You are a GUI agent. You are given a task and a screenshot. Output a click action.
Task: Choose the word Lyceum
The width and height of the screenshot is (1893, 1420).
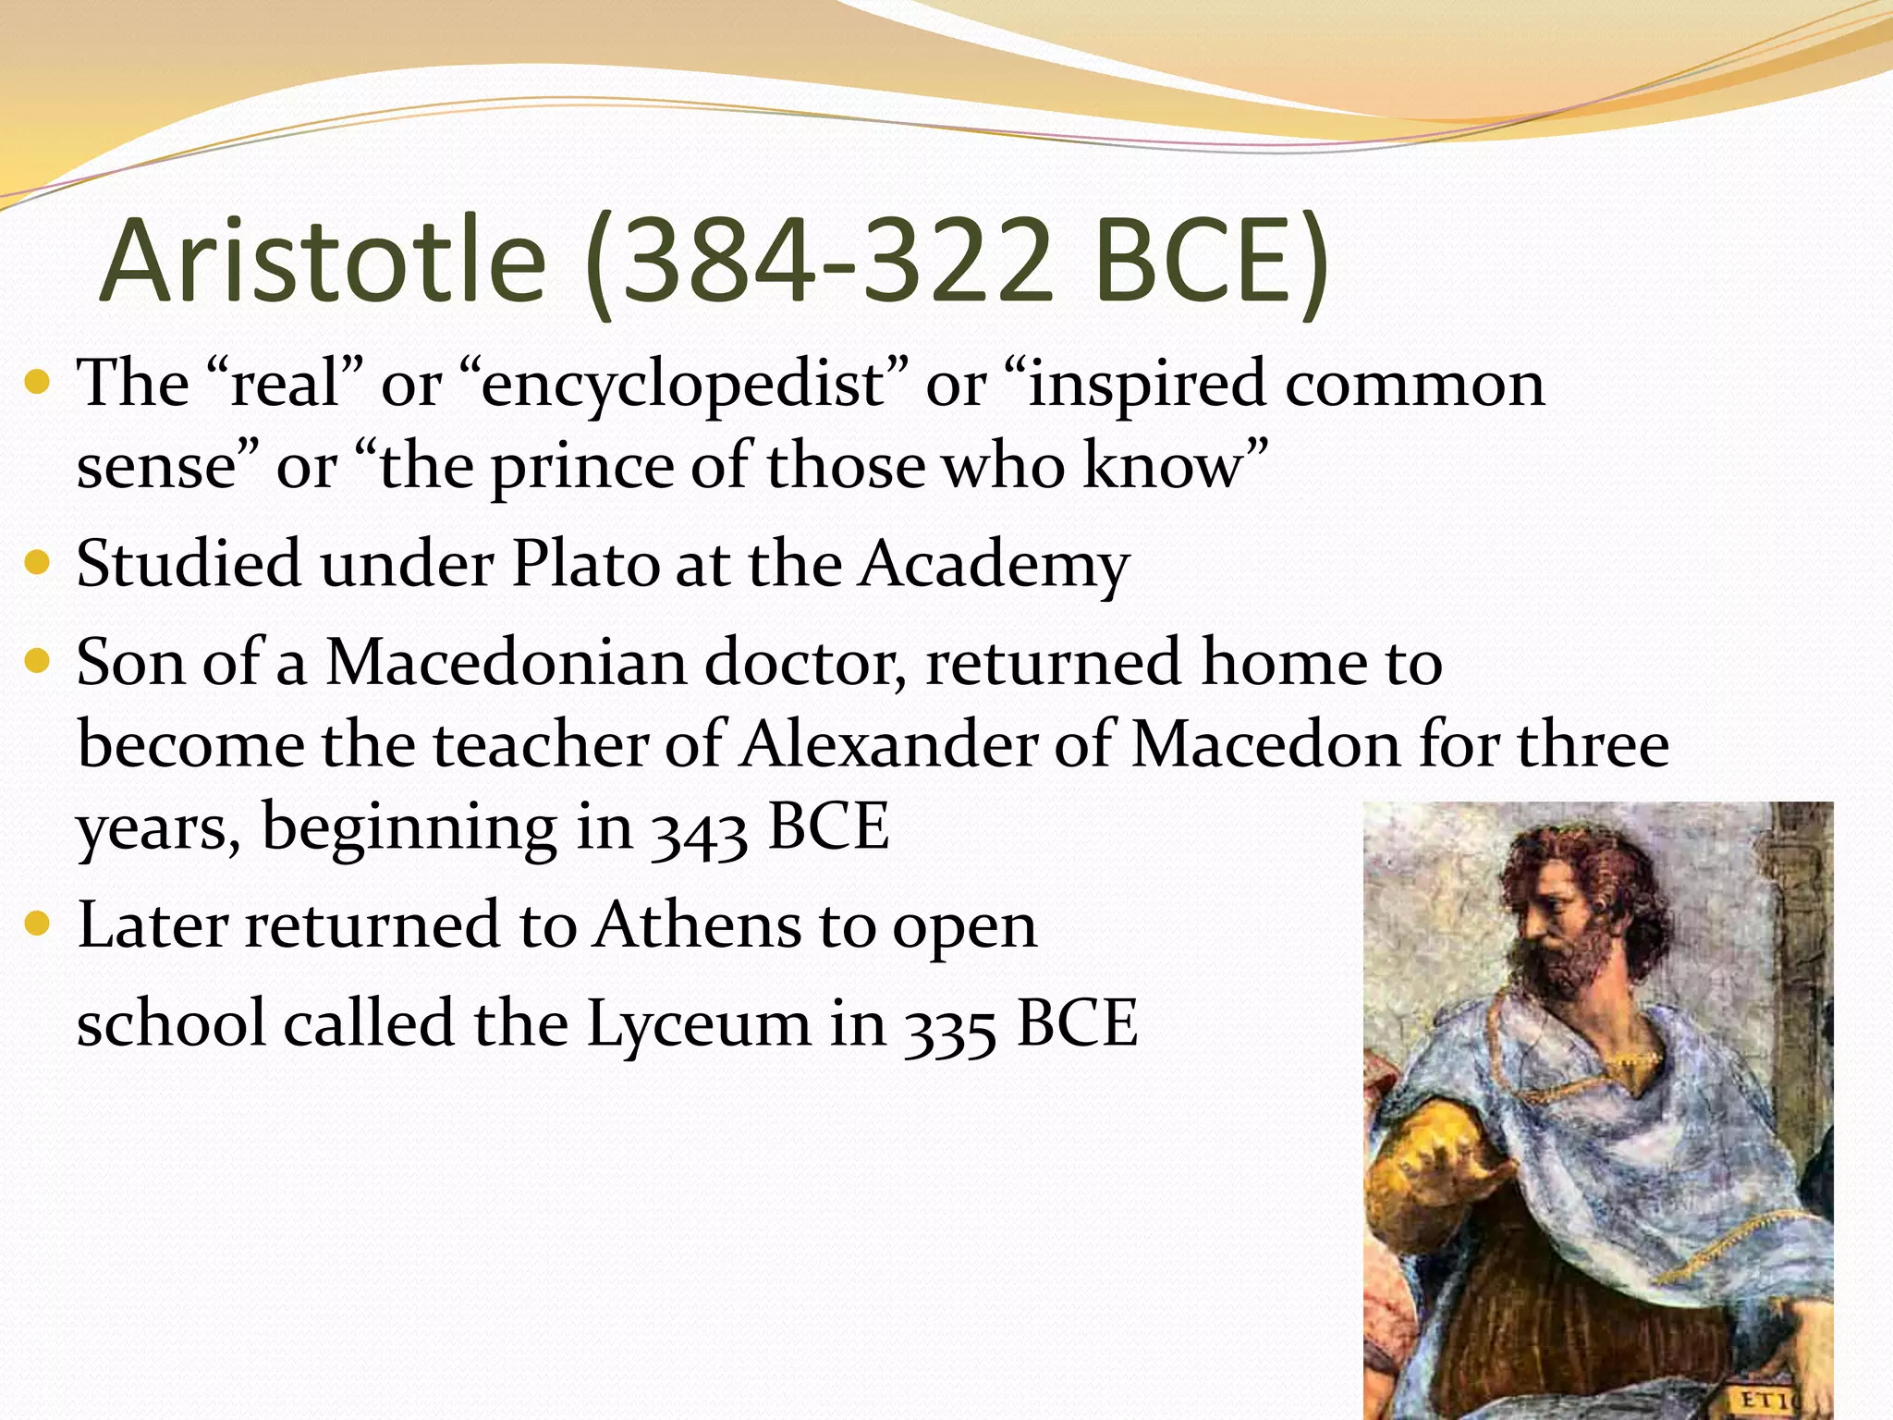[x=699, y=1025]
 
